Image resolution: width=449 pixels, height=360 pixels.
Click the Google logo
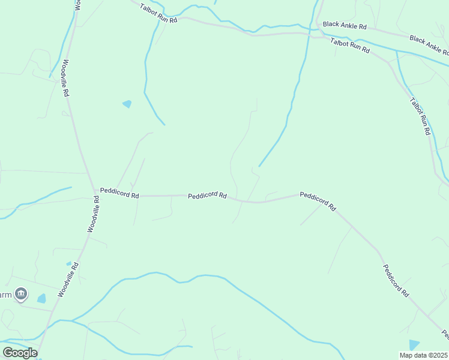tap(20, 353)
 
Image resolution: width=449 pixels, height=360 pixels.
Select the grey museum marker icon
tap(22, 293)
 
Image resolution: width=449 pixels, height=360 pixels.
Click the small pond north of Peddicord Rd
tap(127, 104)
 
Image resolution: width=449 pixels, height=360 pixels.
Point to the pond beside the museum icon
tap(41, 298)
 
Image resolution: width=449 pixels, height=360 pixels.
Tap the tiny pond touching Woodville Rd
tap(69, 263)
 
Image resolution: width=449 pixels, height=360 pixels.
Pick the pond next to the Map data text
tap(414, 344)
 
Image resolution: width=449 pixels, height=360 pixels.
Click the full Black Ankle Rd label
tap(344, 25)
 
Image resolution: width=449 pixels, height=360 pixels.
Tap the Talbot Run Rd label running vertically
tap(420, 115)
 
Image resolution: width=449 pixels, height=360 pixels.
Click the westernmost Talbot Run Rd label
tap(158, 13)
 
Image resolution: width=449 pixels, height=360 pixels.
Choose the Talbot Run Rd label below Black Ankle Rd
tap(349, 46)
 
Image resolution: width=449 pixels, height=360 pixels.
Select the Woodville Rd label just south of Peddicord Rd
tap(93, 214)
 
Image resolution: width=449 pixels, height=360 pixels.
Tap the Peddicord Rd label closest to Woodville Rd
tap(119, 195)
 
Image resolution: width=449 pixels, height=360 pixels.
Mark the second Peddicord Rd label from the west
tap(206, 196)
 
